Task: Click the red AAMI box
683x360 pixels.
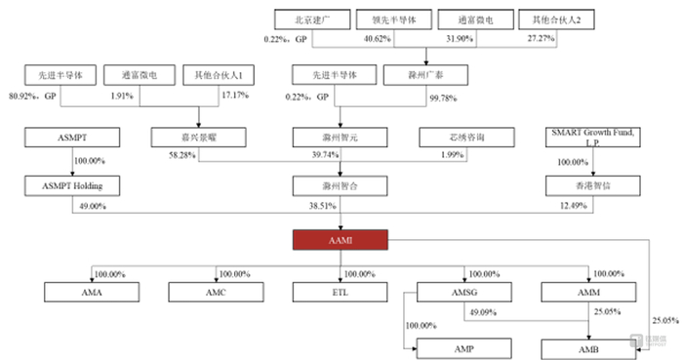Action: [341, 240]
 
